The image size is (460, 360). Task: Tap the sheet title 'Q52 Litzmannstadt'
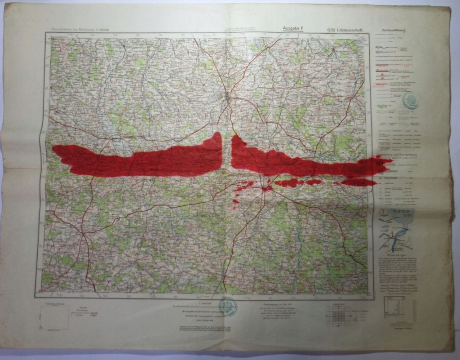pos(345,30)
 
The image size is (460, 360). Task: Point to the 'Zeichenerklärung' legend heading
pos(393,31)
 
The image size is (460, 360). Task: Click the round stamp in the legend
pos(411,100)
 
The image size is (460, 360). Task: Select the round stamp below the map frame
pos(228,306)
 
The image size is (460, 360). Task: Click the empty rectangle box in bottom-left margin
pos(53,317)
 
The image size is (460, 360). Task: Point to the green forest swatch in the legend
pos(383,107)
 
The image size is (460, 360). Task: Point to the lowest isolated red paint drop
pos(235,206)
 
